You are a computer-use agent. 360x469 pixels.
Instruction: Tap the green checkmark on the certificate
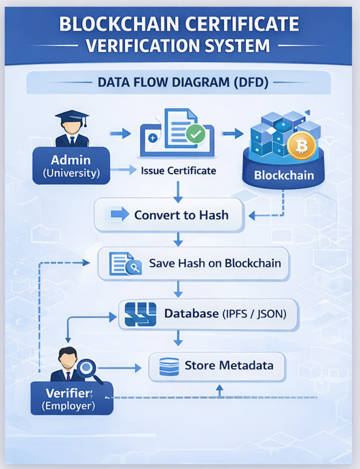[x=196, y=134]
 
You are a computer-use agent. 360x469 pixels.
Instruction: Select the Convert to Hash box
[x=170, y=215]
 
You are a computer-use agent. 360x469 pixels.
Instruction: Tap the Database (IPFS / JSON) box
[x=209, y=315]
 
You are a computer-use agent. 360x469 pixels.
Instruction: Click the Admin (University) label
[x=71, y=167]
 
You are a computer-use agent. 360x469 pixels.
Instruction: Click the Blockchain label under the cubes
[x=284, y=175]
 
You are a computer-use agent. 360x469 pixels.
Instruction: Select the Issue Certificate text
[x=179, y=171]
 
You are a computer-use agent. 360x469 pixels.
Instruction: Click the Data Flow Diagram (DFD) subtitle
[x=179, y=84]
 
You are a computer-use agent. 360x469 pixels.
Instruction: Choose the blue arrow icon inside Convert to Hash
[x=120, y=215]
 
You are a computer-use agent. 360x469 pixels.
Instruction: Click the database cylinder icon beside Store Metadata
[x=168, y=367]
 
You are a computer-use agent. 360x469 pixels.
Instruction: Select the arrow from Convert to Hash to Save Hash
[x=178, y=239]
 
